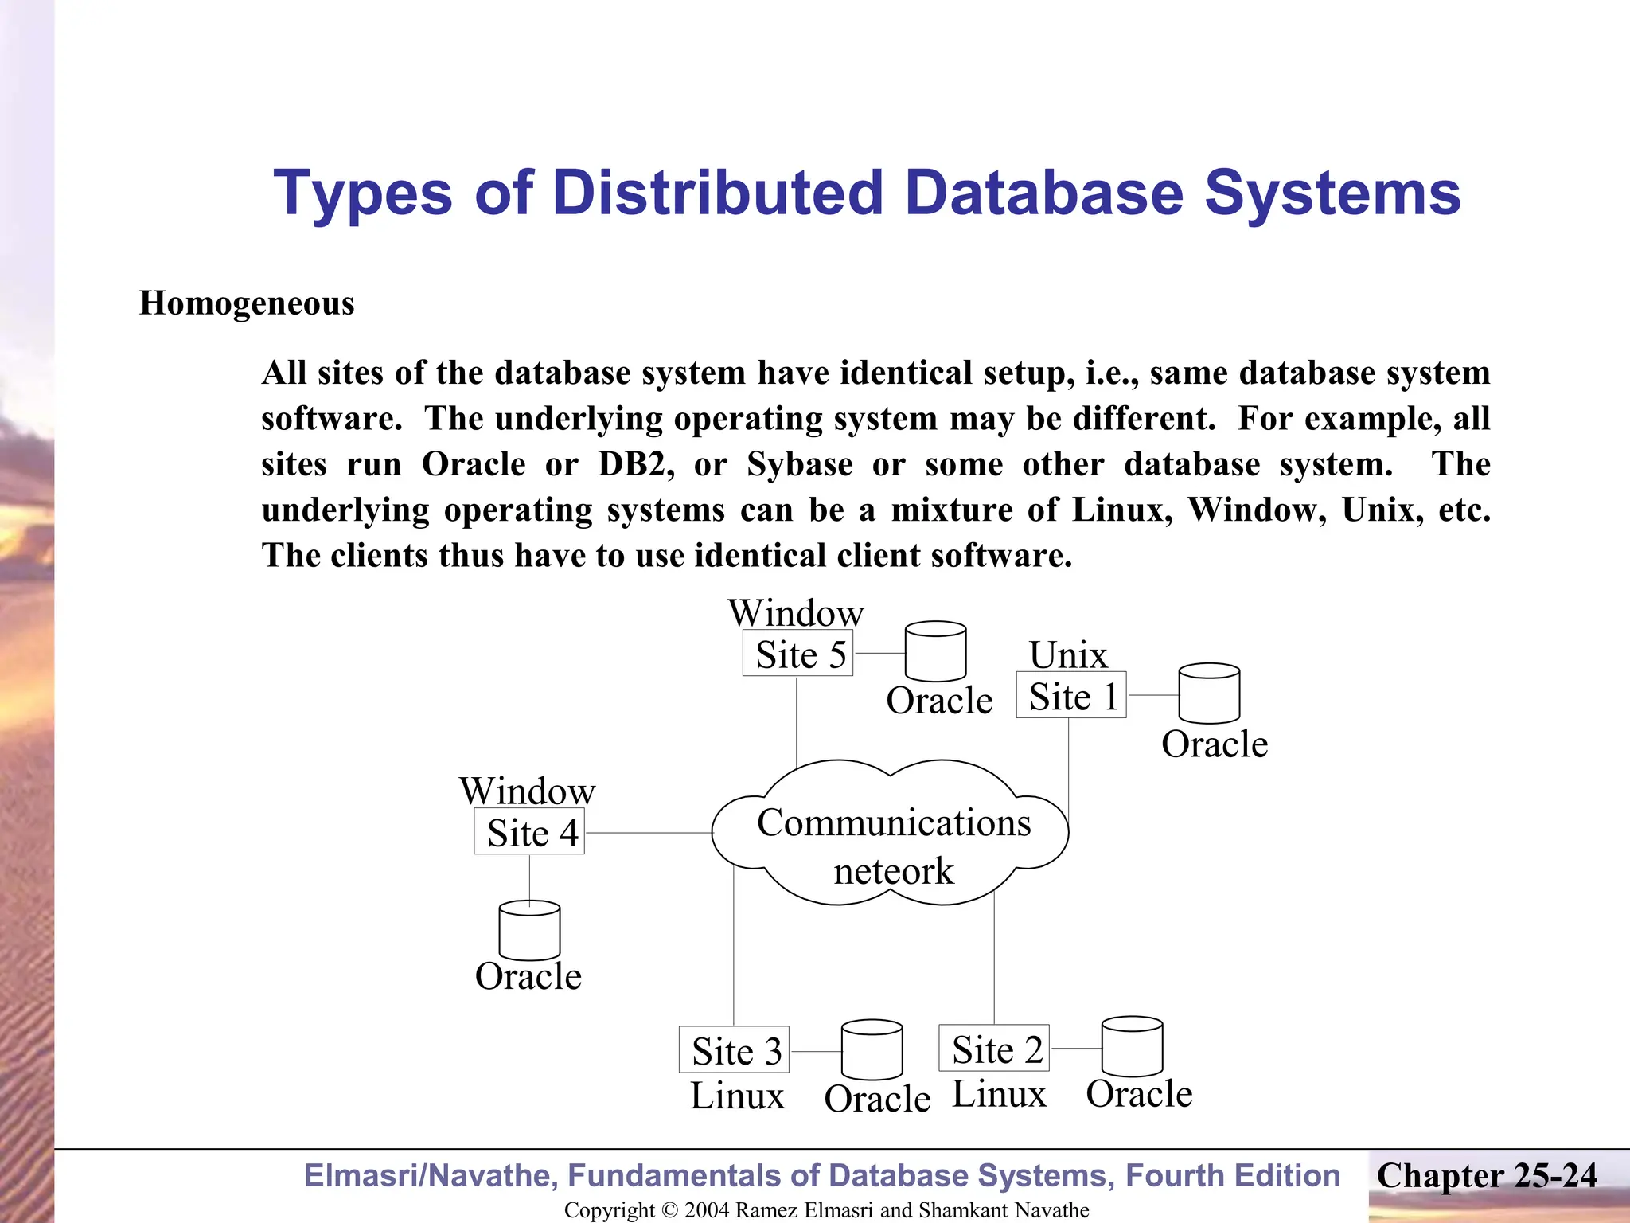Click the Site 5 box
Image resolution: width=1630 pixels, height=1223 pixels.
pyautogui.click(x=797, y=654)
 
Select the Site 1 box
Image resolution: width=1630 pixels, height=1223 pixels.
pyautogui.click(x=1071, y=696)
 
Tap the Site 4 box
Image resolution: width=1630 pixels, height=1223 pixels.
pyautogui.click(x=529, y=832)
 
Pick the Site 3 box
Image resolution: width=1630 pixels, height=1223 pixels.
pyautogui.click(x=734, y=1050)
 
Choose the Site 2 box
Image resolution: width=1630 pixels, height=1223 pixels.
pyautogui.click(x=994, y=1049)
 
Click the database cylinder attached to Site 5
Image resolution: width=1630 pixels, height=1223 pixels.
pyautogui.click(x=936, y=651)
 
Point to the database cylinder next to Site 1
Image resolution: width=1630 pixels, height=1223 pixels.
pyautogui.click(x=1209, y=694)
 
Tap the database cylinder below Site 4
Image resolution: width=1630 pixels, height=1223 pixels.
pyautogui.click(x=529, y=930)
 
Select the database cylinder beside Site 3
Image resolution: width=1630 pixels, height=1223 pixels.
pyautogui.click(x=872, y=1049)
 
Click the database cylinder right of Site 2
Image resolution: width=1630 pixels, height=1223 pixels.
pyautogui.click(x=1132, y=1046)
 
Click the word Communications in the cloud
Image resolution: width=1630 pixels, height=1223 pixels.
pyautogui.click(x=894, y=822)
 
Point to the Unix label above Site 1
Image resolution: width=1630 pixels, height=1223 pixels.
pyautogui.click(x=1068, y=655)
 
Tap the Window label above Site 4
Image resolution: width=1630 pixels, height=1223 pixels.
pyautogui.click(x=527, y=791)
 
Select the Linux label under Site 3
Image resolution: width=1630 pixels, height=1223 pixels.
pyautogui.click(x=737, y=1096)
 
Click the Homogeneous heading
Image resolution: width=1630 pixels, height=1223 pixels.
pyautogui.click(x=247, y=303)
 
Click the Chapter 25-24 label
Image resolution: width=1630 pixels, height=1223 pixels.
pyautogui.click(x=1487, y=1176)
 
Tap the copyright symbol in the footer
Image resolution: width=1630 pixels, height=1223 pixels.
pyautogui.click(x=669, y=1210)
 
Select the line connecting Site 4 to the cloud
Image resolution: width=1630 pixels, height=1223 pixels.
pyautogui.click(x=649, y=833)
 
